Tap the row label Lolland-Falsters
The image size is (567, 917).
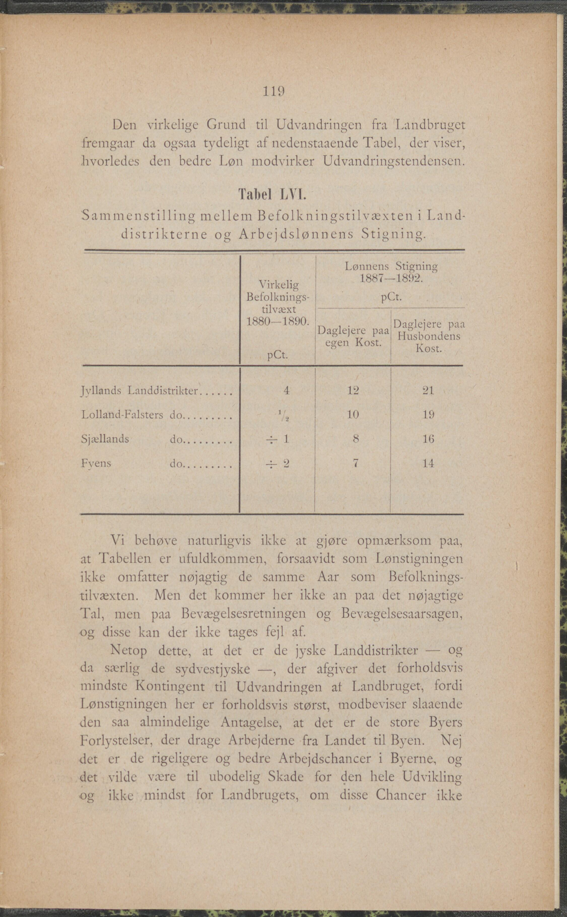(x=122, y=415)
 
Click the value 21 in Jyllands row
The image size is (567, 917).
(x=428, y=391)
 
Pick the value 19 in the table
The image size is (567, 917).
(x=428, y=415)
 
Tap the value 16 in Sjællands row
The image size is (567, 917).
(x=428, y=439)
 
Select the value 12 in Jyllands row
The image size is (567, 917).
(x=353, y=391)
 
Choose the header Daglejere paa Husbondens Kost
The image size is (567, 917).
(x=428, y=336)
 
